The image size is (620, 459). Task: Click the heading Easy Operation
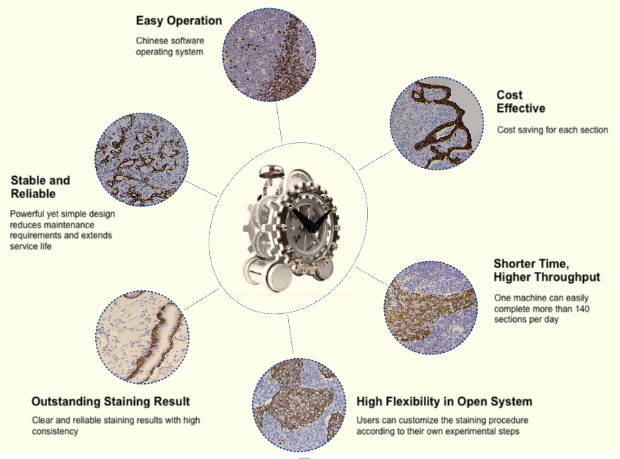178,20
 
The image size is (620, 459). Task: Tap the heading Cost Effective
520,102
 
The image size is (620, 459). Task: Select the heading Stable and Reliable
41,187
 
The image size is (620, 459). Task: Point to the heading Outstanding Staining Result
111,402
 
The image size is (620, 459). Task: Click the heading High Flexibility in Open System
444,402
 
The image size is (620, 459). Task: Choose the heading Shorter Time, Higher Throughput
546,270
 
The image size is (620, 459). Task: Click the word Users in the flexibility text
369,420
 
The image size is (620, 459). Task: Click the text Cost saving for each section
552,130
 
